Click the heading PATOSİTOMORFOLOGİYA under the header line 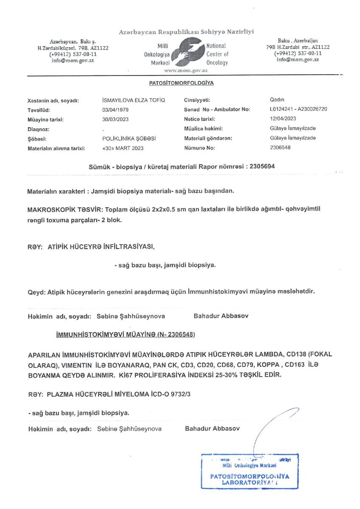click(x=181, y=83)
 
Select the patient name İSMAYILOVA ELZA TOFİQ click(x=130, y=101)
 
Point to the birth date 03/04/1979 click(x=109, y=110)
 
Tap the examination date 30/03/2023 click(x=109, y=120)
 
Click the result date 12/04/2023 click(x=283, y=119)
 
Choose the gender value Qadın click(x=277, y=101)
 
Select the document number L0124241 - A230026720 click(x=298, y=110)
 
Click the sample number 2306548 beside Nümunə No click(x=280, y=148)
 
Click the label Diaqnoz click(x=39, y=129)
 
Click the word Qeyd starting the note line click(x=35, y=292)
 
